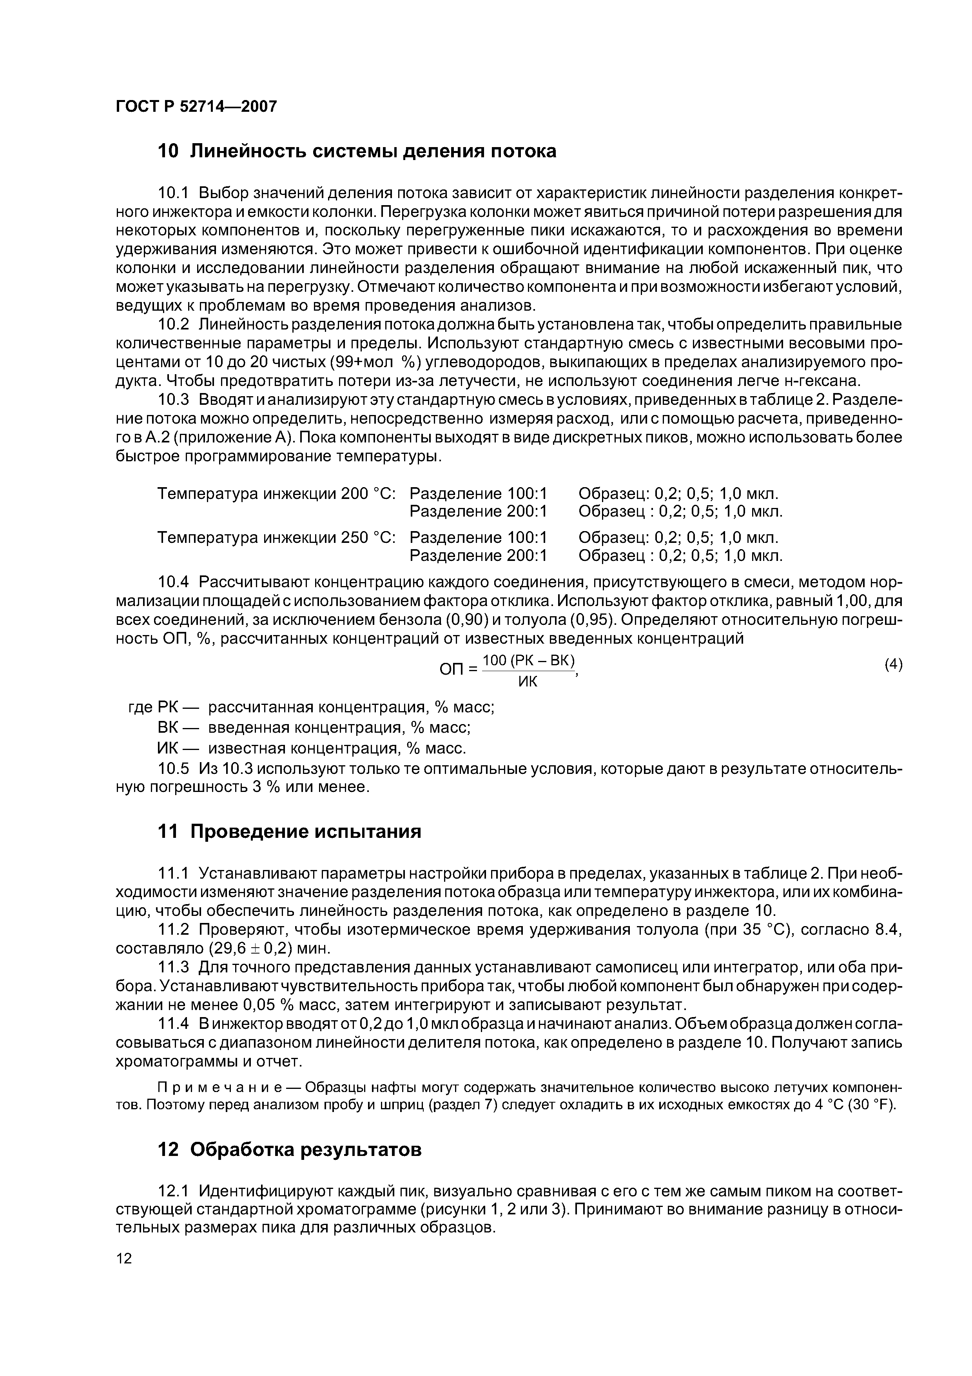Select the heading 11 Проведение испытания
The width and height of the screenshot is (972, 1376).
289,831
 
